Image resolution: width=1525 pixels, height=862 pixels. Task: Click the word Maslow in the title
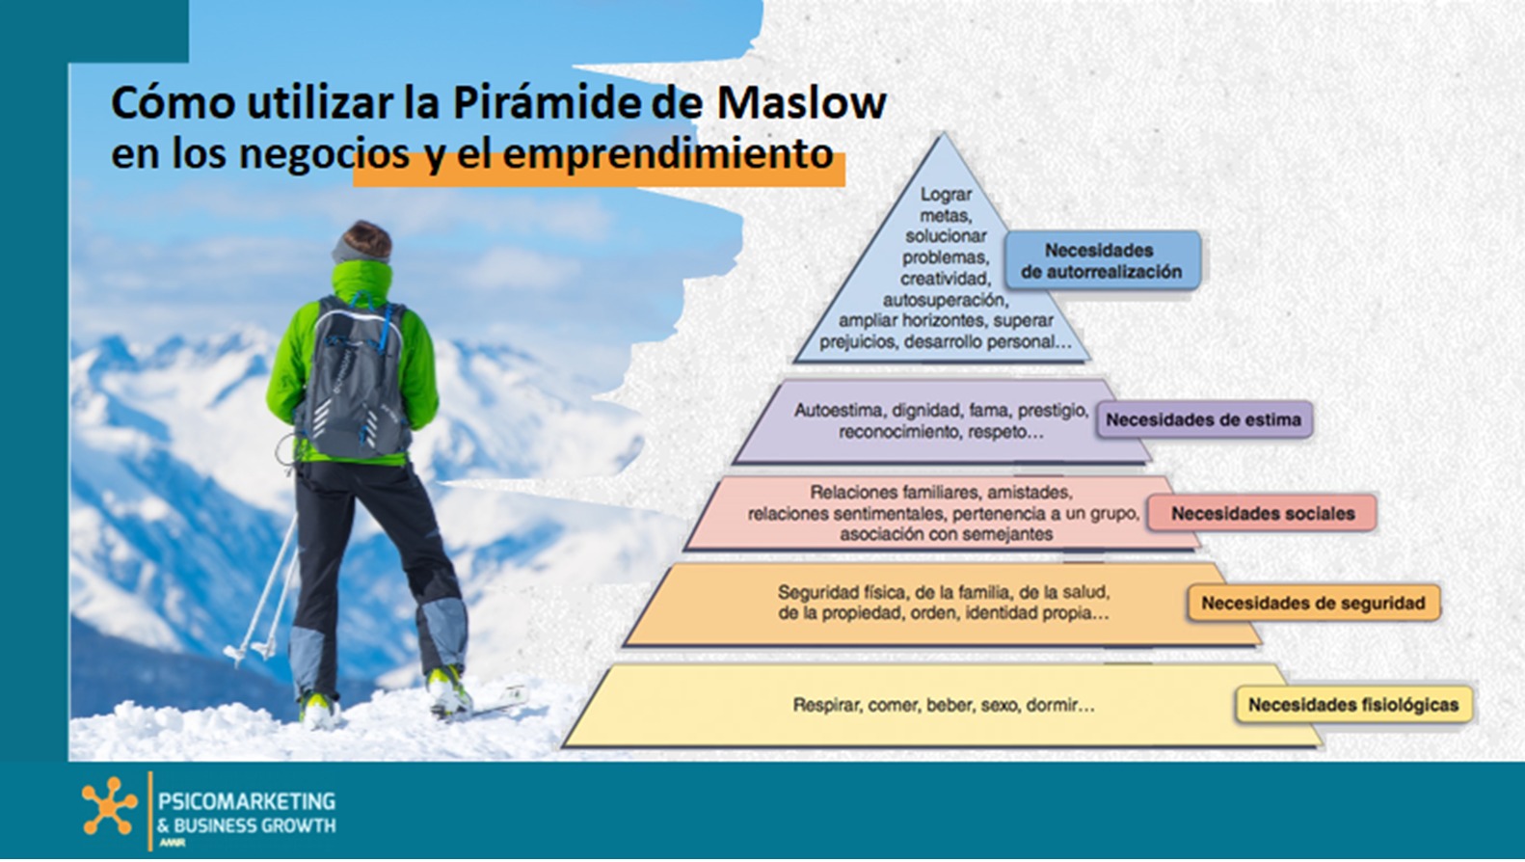tap(801, 103)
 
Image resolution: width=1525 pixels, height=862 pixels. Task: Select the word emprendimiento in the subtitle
tap(667, 154)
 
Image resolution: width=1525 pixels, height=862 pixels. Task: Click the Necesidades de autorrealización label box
tap(1102, 260)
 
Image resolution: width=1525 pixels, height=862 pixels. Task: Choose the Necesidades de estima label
tap(1204, 419)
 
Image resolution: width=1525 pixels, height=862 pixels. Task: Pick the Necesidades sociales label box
tap(1263, 513)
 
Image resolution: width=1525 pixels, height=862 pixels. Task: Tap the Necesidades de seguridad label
tap(1313, 604)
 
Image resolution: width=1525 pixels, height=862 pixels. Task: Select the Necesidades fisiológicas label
tap(1353, 705)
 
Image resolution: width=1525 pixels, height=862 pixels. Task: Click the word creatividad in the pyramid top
tap(945, 279)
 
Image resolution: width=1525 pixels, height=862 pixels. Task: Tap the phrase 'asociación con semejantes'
tap(947, 534)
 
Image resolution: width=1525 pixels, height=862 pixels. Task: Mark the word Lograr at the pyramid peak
tap(946, 195)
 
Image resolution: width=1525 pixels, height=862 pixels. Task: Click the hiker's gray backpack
tap(352, 378)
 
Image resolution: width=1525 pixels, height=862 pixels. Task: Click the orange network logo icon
tap(109, 806)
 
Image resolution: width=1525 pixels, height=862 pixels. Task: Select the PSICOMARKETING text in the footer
tap(247, 800)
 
